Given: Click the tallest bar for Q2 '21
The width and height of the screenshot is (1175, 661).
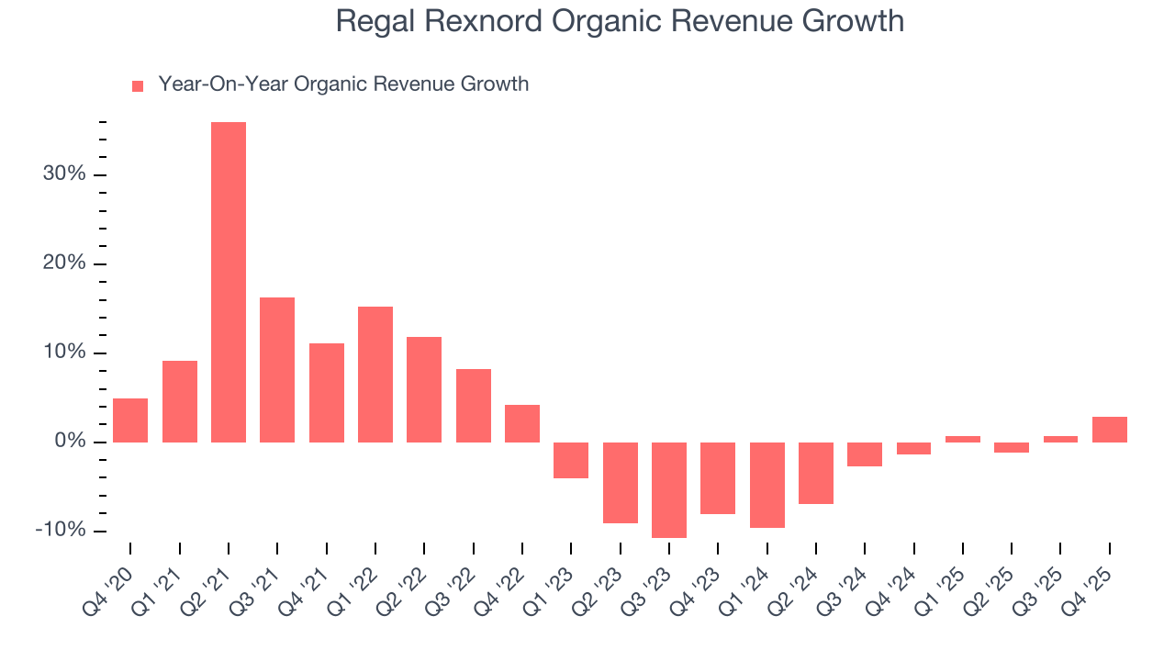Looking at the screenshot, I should coord(229,282).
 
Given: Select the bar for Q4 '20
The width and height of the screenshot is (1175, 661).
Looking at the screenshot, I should coord(130,420).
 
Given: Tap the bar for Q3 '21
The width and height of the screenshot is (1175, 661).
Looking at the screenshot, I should coord(277,370).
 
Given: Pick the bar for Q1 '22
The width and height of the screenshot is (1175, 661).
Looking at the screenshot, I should coord(375,375).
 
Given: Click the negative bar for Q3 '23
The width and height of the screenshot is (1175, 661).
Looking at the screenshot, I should coord(669,489).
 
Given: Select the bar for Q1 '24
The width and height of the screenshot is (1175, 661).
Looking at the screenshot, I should coord(767,485).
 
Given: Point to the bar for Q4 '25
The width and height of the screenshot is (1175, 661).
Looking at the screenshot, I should coord(1110,430).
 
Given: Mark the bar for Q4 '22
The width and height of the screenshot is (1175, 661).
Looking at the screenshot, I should coord(522,423).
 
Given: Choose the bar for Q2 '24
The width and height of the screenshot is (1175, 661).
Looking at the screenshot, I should coord(816,473).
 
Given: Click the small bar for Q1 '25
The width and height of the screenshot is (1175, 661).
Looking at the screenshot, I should coord(963,439).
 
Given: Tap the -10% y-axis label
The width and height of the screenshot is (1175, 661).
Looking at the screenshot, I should coord(61,531).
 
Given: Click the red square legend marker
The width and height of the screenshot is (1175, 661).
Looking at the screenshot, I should coord(138,85).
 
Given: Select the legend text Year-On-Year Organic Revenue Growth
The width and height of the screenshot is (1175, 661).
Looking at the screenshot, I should coord(343,84).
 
